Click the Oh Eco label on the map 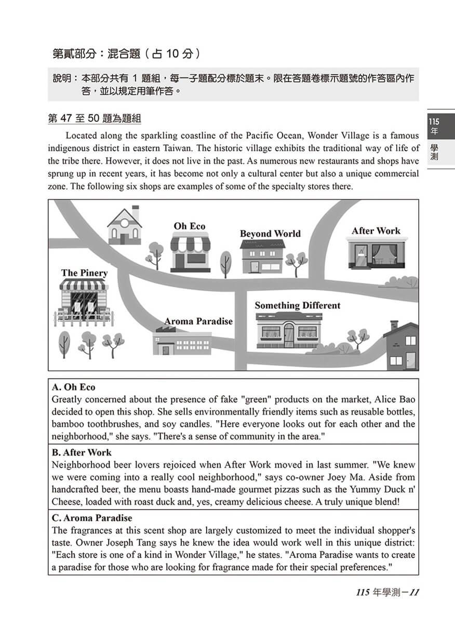pyautogui.click(x=190, y=226)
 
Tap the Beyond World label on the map pyautogui.click(x=270, y=234)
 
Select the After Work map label pyautogui.click(x=376, y=231)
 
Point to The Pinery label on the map pyautogui.click(x=84, y=273)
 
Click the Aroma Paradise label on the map pyautogui.click(x=198, y=321)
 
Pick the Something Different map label pyautogui.click(x=297, y=306)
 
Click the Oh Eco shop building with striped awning pyautogui.click(x=190, y=252)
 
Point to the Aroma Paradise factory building pyautogui.click(x=181, y=343)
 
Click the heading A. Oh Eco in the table pyautogui.click(x=74, y=387)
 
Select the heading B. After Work pyautogui.click(x=82, y=452)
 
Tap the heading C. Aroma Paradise pyautogui.click(x=92, y=518)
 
